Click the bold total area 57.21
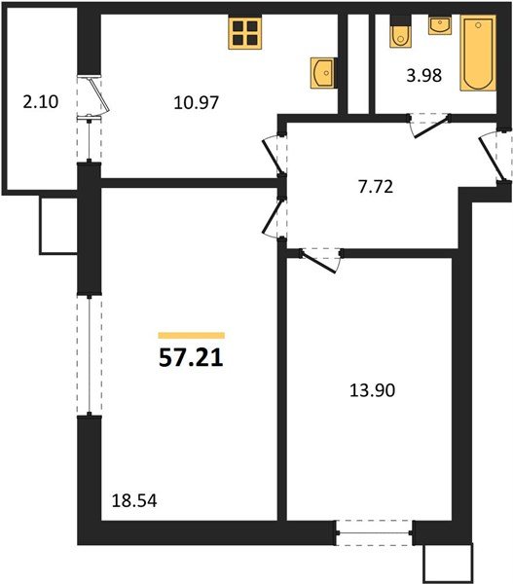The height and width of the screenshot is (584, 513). coord(191,358)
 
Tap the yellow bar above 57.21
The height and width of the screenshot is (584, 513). coord(191,335)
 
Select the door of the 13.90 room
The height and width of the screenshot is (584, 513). coord(319,259)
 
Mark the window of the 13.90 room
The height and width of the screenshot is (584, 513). coord(374,530)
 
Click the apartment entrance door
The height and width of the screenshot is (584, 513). coord(495,156)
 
